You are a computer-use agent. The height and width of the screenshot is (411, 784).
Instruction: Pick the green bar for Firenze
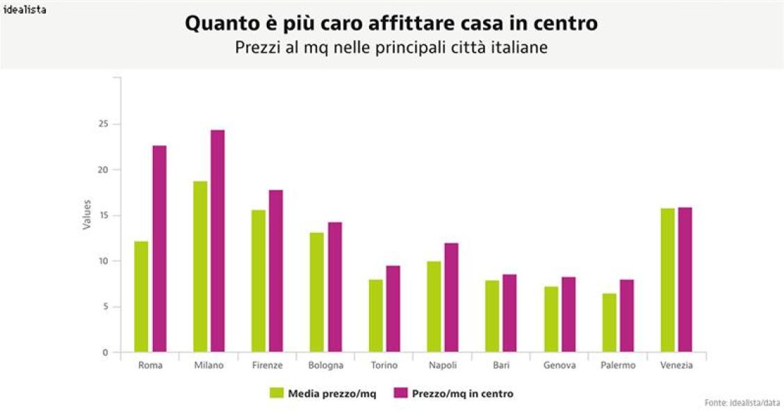[x=259, y=281]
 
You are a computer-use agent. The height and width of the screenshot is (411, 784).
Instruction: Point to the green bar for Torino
[x=375, y=316]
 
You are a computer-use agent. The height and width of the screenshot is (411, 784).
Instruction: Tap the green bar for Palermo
[x=609, y=323]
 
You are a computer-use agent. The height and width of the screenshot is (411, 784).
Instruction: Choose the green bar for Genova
[x=550, y=319]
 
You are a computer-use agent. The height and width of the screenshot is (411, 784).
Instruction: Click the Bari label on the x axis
[x=501, y=366]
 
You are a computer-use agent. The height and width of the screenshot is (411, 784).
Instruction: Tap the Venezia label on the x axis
[x=676, y=366]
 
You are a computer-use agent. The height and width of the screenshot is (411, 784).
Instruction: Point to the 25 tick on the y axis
[x=105, y=124]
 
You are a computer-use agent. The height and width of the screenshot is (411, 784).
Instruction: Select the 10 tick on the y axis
[x=105, y=261]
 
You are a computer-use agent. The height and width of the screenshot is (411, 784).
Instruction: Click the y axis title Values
[x=87, y=215]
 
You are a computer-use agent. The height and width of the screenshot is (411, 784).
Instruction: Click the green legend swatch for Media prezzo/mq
[x=277, y=394]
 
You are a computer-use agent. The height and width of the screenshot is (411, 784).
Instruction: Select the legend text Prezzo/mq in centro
[x=462, y=394]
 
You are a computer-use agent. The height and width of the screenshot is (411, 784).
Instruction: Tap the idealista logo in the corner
[x=24, y=9]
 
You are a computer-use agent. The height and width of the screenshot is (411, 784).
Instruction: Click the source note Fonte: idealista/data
[x=742, y=403]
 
